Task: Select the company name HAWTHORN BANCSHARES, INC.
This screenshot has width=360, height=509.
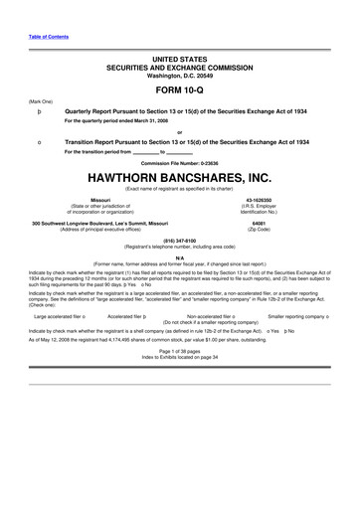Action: pos(179,177)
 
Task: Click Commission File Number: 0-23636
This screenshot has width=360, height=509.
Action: pos(179,162)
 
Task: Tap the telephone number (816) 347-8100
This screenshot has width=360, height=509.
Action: pos(179,239)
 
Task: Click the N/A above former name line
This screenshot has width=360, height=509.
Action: pos(179,256)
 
